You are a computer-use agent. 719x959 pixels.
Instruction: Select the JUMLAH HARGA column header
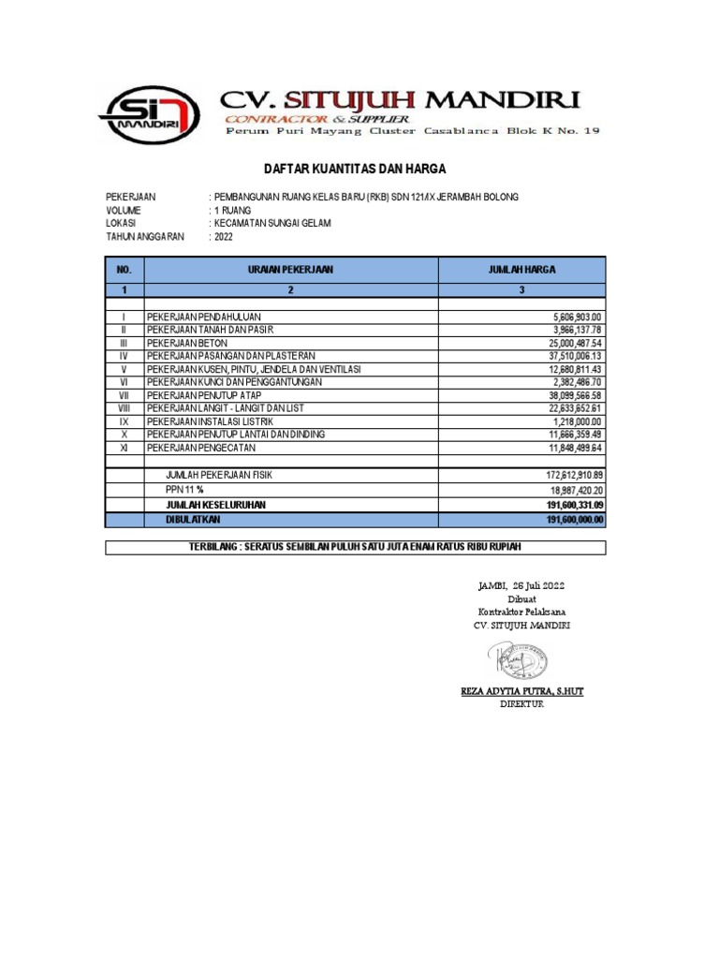coord(521,269)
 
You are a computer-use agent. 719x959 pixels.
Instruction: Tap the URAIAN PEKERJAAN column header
coord(290,269)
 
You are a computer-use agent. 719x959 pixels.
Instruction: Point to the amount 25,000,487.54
coord(566,343)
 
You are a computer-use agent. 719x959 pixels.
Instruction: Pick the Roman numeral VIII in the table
coord(124,408)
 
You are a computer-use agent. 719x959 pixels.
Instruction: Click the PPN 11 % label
coord(185,490)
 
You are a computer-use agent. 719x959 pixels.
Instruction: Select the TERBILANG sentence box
coord(355,547)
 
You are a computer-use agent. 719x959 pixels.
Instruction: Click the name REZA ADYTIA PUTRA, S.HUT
coord(521,690)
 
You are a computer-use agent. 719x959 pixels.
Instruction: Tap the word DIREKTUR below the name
coord(521,704)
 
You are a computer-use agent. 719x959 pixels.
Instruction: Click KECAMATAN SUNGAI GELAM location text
coord(272,224)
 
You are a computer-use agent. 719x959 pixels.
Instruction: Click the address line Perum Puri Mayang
coord(412,132)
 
